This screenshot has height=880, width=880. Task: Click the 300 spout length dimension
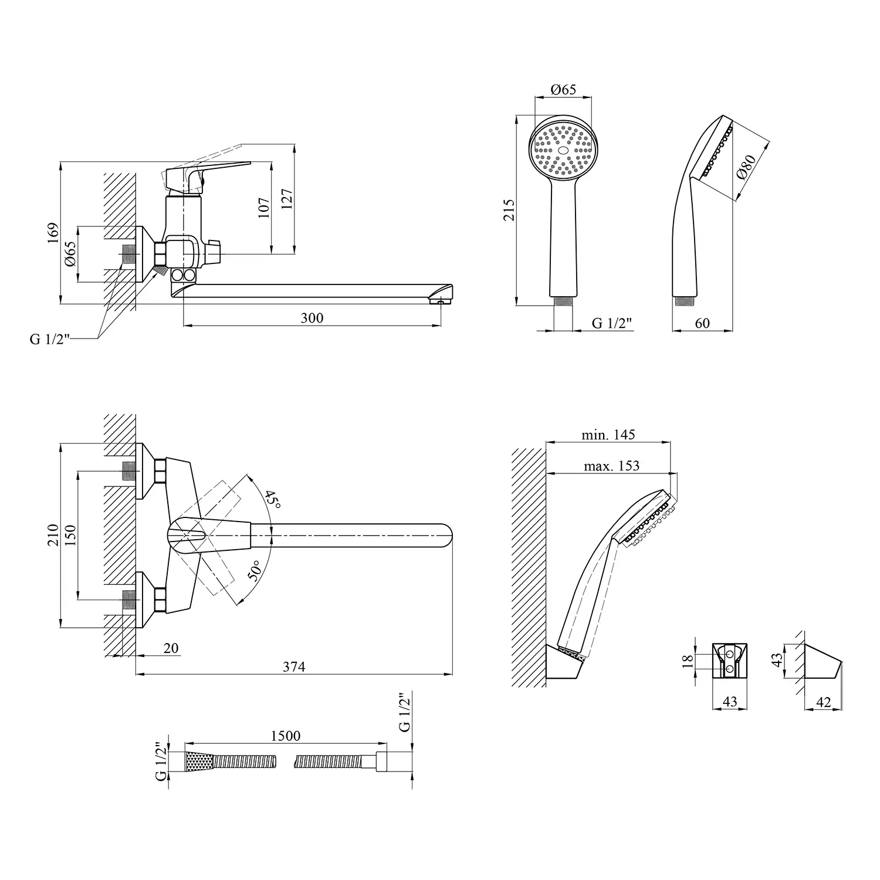tap(312, 318)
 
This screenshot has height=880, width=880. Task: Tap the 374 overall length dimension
tap(294, 666)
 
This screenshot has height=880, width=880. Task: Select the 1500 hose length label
tap(286, 736)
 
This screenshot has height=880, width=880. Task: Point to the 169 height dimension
tap(53, 233)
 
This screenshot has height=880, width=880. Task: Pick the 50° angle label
tap(255, 571)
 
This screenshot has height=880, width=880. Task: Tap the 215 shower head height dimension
tap(509, 209)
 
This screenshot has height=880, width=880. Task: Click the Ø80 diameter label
tap(744, 167)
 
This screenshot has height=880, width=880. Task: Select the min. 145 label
tap(608, 435)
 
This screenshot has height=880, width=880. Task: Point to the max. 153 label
tap(611, 466)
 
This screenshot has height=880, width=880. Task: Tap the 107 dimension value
tap(264, 208)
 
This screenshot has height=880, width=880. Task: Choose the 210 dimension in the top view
tap(53, 536)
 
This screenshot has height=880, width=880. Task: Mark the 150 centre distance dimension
tap(70, 536)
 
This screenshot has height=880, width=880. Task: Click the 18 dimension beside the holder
tap(688, 661)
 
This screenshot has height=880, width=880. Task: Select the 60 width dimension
tap(702, 323)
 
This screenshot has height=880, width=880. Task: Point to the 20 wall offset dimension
tap(171, 648)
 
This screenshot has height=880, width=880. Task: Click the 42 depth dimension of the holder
tap(823, 702)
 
